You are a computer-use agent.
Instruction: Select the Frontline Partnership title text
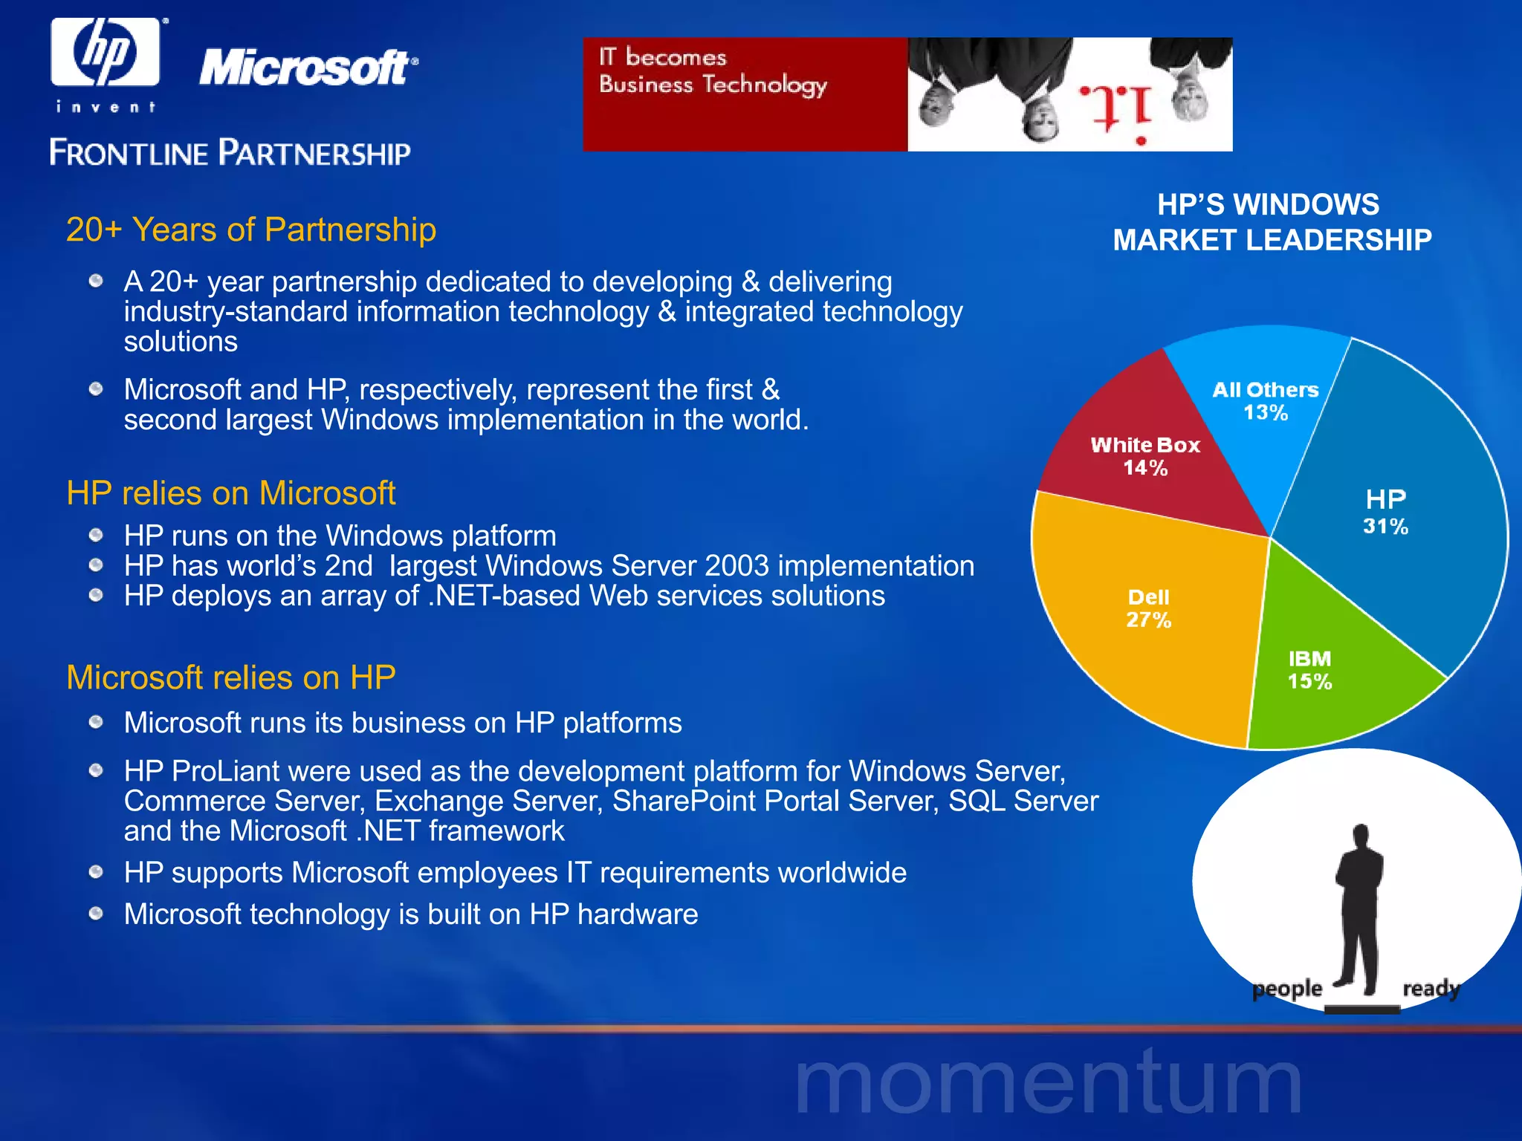pos(230,153)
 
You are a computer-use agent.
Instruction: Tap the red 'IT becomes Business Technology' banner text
pos(712,71)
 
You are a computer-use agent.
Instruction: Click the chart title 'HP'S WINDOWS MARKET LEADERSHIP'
pos(1271,222)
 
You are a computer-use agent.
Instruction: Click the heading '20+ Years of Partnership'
pos(251,230)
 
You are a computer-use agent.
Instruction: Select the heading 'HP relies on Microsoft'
pos(231,493)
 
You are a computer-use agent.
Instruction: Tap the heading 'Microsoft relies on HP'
pos(231,677)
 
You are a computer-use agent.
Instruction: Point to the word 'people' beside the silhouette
pos(1287,989)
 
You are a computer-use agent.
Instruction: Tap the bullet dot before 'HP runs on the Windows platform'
pos(96,535)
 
